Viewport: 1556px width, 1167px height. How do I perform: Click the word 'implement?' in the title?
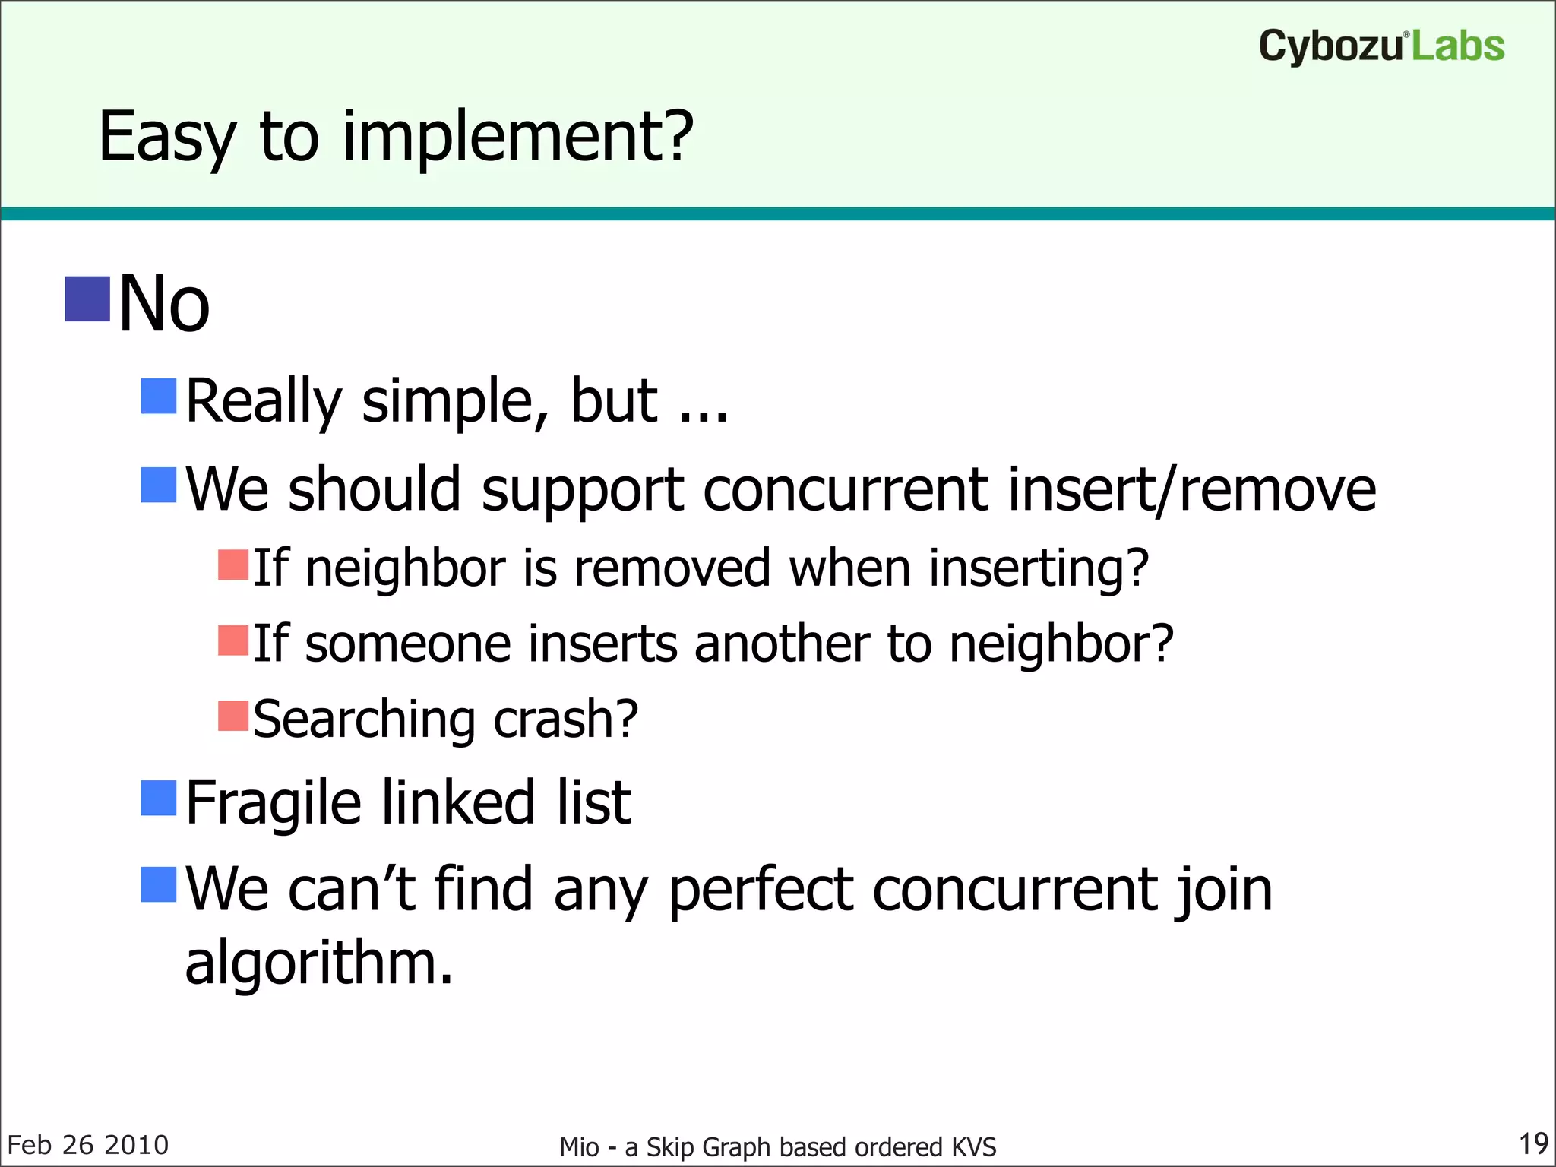(517, 137)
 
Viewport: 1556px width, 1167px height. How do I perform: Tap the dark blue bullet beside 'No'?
(87, 299)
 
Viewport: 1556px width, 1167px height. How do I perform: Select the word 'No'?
(164, 304)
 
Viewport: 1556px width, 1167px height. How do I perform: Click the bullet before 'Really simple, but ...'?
(159, 397)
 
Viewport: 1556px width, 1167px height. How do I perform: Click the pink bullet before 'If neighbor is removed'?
(233, 565)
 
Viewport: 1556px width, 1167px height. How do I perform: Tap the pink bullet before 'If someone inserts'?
(233, 640)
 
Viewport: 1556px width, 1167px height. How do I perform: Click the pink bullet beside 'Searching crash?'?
(233, 716)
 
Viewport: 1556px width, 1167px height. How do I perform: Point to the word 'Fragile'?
(274, 803)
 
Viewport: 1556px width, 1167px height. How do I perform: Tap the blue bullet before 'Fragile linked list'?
(159, 798)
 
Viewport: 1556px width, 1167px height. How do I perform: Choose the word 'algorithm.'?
(319, 963)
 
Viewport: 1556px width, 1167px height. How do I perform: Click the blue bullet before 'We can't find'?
(159, 884)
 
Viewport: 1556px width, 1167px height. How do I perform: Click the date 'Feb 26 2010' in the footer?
(88, 1145)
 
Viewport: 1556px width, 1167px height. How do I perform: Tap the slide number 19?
(1532, 1143)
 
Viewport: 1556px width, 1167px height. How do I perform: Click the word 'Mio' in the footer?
(579, 1146)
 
